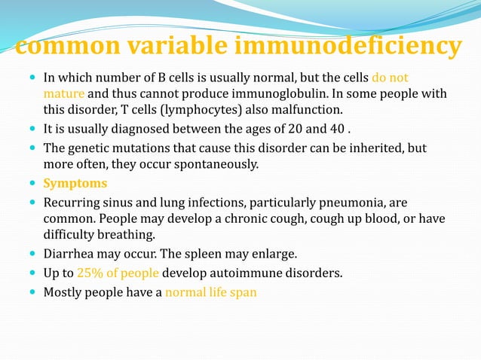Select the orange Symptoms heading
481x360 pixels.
pos(75,183)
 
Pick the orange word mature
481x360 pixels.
pos(63,94)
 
